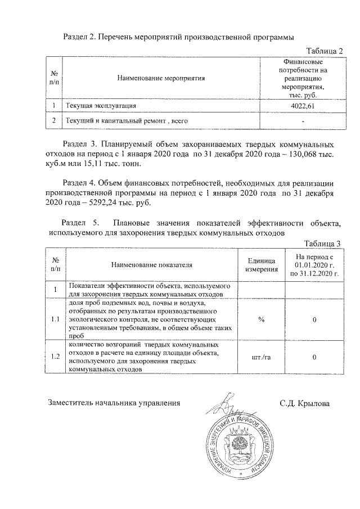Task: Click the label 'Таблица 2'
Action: coord(324,51)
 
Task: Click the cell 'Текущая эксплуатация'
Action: coord(101,106)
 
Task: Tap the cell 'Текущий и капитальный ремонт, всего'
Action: coord(127,121)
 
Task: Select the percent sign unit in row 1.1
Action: coord(261,319)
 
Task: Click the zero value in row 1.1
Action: coord(314,319)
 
